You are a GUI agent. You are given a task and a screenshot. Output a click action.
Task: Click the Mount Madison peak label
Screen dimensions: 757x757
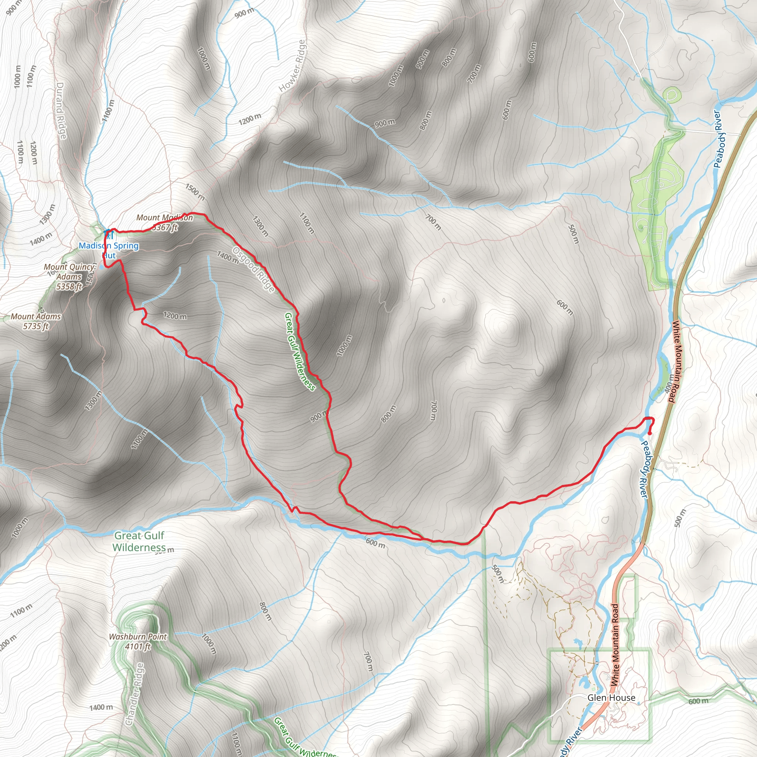click(164, 222)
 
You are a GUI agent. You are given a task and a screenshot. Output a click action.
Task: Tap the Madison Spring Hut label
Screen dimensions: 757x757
click(109, 250)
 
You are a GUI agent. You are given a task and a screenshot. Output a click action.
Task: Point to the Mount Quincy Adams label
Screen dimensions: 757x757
click(69, 276)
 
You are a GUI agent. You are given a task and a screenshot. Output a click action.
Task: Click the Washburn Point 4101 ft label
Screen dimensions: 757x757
click(138, 641)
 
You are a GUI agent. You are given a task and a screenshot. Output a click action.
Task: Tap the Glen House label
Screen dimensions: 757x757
click(611, 697)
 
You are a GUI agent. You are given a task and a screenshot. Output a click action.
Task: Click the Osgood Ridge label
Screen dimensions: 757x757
click(254, 269)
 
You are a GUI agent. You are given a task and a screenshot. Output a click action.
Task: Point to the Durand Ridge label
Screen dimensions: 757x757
click(61, 110)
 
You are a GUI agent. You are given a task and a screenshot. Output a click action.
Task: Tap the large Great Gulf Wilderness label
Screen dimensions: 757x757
click(139, 541)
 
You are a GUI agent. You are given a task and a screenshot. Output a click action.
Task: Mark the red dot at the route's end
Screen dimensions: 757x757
click(650, 433)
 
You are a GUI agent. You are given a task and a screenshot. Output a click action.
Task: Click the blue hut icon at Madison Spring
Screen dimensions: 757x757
click(109, 235)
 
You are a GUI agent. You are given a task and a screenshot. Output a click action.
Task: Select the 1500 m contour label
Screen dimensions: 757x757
click(195, 191)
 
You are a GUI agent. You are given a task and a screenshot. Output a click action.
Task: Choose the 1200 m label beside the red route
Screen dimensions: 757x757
click(175, 315)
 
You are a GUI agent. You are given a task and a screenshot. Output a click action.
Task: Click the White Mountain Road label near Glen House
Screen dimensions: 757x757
click(615, 645)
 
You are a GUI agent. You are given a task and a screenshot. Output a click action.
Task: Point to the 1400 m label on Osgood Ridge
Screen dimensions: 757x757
click(227, 257)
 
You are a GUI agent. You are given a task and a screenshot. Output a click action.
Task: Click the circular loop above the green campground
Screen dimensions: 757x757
click(672, 95)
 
